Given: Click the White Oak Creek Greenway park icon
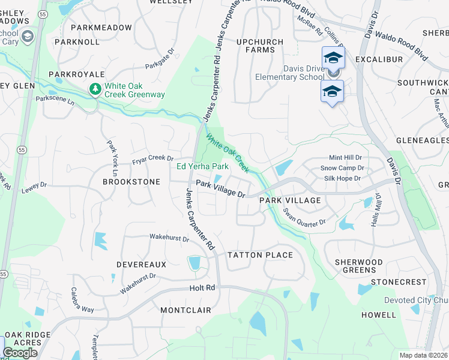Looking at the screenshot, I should pyautogui.click(x=95, y=89).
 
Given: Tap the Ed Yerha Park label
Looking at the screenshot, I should pyautogui.click(x=202, y=166).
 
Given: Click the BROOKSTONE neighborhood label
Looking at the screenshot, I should pyautogui.click(x=131, y=181).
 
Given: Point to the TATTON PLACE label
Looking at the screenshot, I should pyautogui.click(x=260, y=255).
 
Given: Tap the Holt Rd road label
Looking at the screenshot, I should pyautogui.click(x=202, y=288).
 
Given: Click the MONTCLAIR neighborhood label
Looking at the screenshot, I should pyautogui.click(x=186, y=310).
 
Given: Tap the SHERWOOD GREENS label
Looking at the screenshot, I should pyautogui.click(x=359, y=266).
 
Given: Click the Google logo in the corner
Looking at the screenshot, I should pyautogui.click(x=20, y=353).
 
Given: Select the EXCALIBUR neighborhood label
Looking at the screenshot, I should pyautogui.click(x=378, y=60).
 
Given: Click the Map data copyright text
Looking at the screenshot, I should pyautogui.click(x=423, y=355).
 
